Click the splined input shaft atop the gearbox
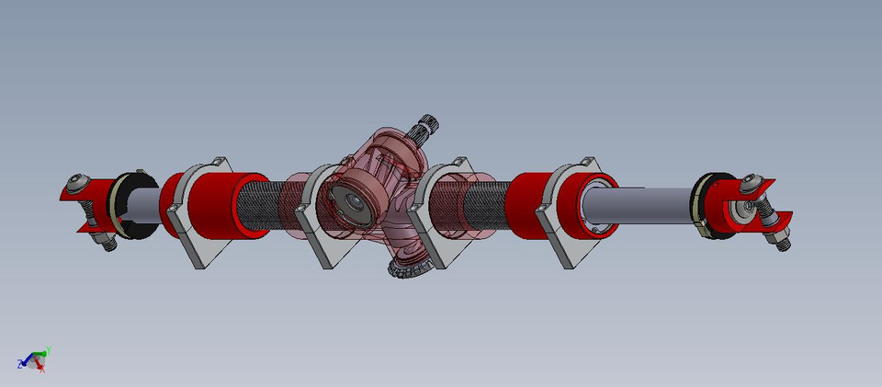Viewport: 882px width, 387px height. pos(427,128)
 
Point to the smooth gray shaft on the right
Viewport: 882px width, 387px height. pos(643,204)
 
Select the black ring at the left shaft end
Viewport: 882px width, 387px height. pos(124,207)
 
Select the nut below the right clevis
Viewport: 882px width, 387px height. pos(779,242)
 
